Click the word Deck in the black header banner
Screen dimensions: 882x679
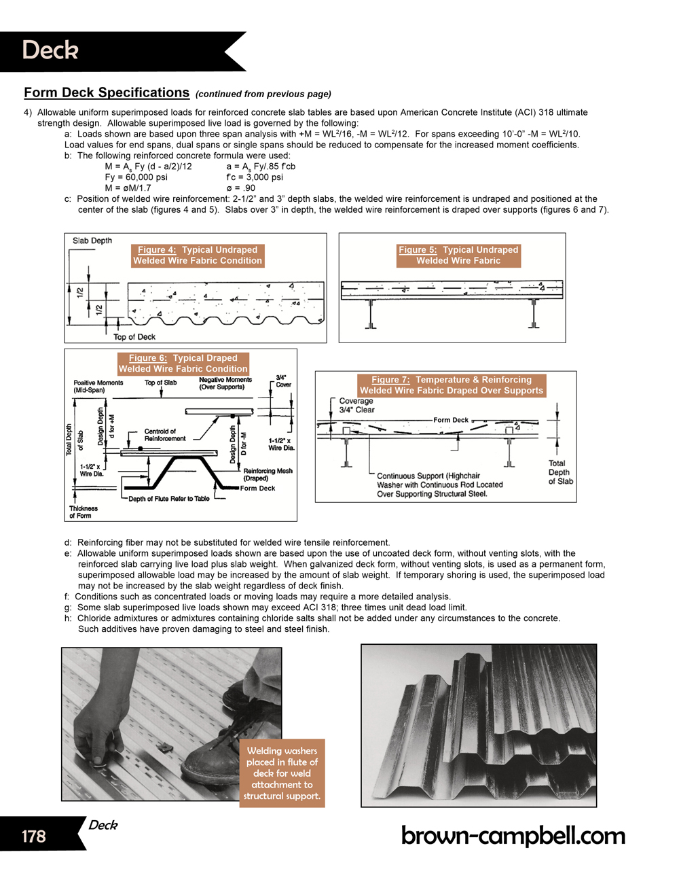tap(50, 50)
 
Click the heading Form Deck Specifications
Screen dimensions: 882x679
tap(107, 93)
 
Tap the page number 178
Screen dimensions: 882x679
tap(33, 836)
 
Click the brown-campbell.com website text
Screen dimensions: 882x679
tap(513, 835)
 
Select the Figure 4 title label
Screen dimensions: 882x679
tap(197, 255)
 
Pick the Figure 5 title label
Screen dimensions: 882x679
tap(458, 255)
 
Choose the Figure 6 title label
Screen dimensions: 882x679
tap(183, 363)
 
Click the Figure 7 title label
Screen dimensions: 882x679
tap(452, 385)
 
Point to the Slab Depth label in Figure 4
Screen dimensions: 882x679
tap(92, 241)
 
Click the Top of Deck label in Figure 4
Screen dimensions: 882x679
tap(134, 337)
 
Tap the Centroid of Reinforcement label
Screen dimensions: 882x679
tap(164, 435)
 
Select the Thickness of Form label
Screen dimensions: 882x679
tap(83, 512)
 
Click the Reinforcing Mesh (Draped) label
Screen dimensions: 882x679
tap(268, 474)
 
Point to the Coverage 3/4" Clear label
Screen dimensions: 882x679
tap(356, 405)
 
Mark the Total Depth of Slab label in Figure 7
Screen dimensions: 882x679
tap(560, 472)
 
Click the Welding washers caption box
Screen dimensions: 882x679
tap(282, 773)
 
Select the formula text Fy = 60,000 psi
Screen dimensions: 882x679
tap(136, 177)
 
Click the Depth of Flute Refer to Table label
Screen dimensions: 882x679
tap(169, 499)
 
